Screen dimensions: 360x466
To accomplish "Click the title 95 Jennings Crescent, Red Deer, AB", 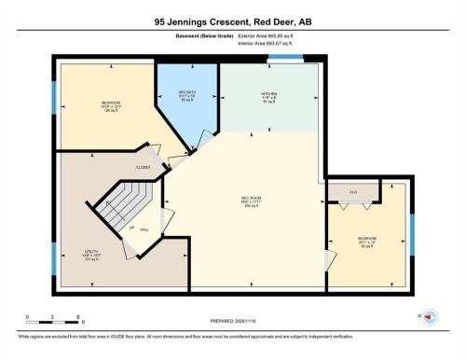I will click(x=232, y=21).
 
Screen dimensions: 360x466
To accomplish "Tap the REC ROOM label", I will click(x=249, y=198).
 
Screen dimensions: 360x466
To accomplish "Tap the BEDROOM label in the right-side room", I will click(x=366, y=239).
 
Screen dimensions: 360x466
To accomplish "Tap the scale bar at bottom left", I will click(x=53, y=318).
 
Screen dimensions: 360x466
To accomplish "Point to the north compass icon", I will click(x=431, y=317).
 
